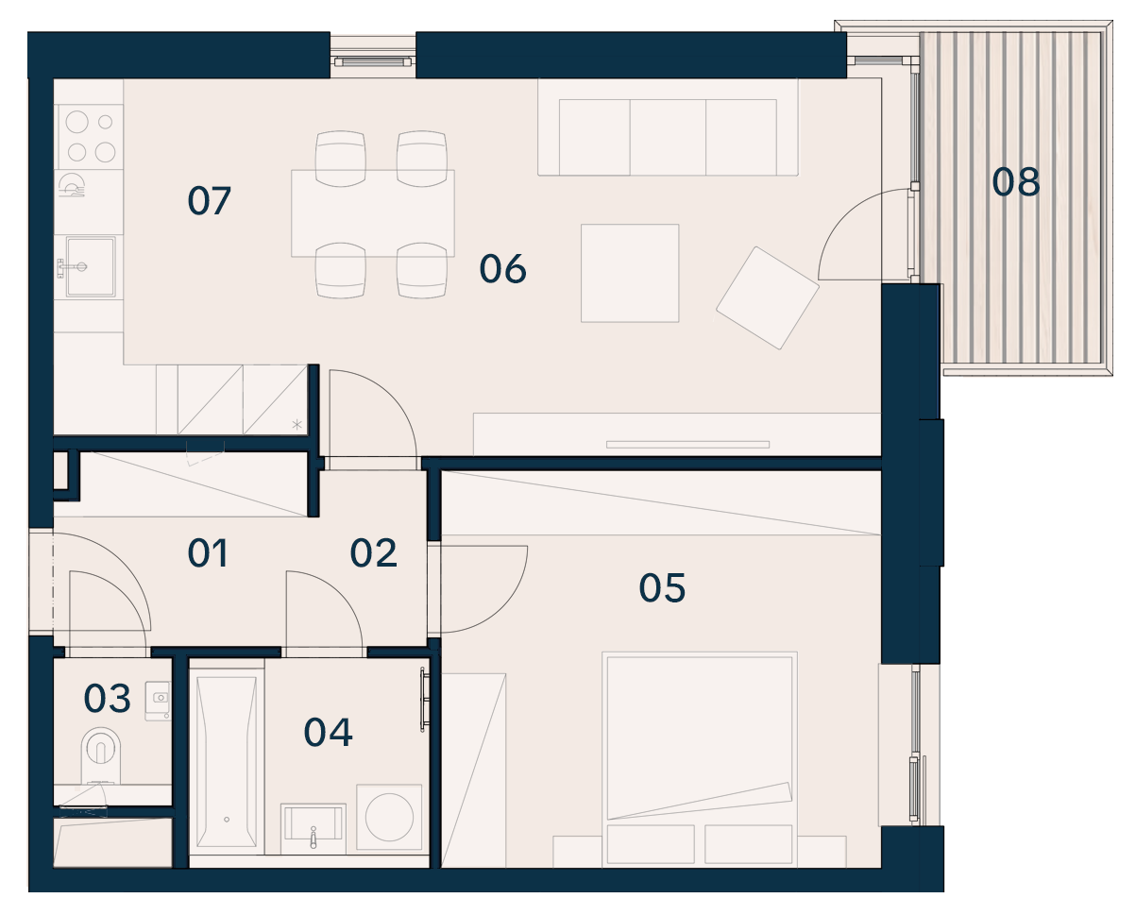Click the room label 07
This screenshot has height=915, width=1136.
(x=209, y=200)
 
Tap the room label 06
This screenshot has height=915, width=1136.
(x=502, y=269)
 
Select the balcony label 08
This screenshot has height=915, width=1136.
(x=1016, y=182)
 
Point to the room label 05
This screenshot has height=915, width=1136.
(x=662, y=587)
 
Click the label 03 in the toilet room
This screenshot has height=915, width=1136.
(x=107, y=698)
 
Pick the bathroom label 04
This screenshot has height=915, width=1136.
(x=328, y=733)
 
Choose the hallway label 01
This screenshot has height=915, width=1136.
(x=208, y=552)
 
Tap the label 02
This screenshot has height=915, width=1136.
(x=373, y=552)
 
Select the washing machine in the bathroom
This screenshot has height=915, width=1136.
(x=390, y=818)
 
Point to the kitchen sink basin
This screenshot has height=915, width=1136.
(x=91, y=266)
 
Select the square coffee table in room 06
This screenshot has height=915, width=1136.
(x=630, y=273)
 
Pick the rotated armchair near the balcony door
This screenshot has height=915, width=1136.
(x=768, y=297)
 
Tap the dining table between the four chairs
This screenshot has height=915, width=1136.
(x=373, y=213)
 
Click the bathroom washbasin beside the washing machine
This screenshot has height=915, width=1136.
(x=313, y=828)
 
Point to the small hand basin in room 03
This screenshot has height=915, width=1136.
(x=158, y=701)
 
